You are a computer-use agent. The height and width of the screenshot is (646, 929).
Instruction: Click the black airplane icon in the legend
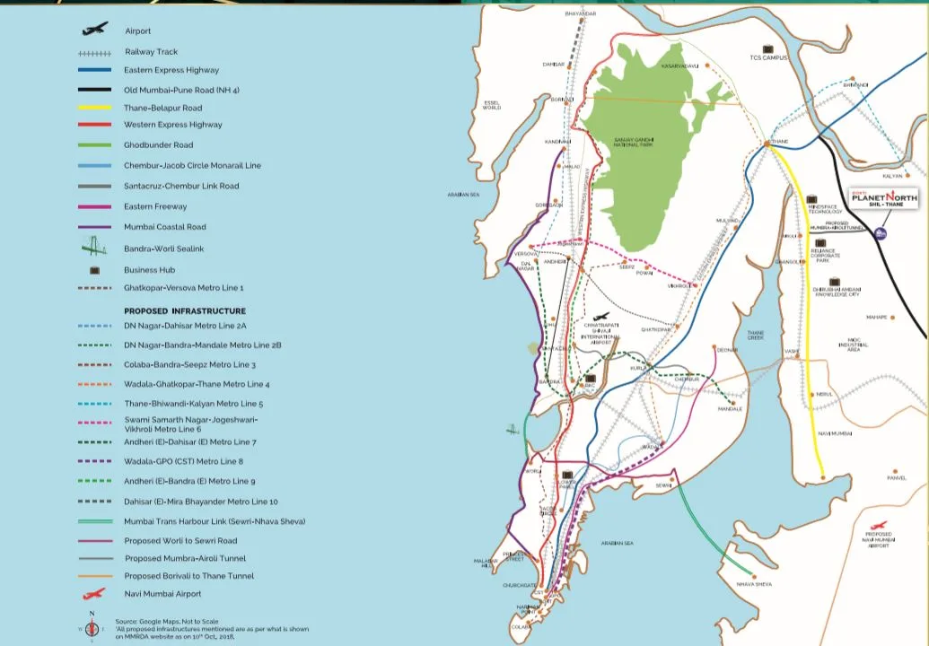point(94,30)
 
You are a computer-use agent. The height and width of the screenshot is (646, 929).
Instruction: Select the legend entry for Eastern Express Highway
point(171,70)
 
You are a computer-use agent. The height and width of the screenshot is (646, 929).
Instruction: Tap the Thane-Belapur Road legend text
point(162,108)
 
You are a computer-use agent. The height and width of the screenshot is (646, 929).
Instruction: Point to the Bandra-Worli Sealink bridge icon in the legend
point(94,248)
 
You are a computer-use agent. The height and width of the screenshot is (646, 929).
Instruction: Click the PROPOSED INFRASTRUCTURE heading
point(184,310)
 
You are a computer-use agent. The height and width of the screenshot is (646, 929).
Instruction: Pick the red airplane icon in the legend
point(94,593)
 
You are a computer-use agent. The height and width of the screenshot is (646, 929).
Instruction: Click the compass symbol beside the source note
point(92,625)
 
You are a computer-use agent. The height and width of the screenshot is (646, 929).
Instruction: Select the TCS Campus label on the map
point(768,57)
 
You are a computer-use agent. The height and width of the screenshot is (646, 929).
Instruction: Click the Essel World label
point(492,105)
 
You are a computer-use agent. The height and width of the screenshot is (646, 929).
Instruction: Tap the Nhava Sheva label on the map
point(753,584)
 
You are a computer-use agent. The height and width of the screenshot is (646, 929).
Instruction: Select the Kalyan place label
point(892,176)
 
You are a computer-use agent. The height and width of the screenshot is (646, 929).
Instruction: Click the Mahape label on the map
point(877,317)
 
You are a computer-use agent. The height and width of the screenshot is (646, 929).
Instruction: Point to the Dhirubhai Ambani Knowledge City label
point(836,292)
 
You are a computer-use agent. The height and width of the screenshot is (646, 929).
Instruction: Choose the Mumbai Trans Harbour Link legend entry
point(214,520)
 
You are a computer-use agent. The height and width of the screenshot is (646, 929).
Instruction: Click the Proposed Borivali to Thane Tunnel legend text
point(188,576)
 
